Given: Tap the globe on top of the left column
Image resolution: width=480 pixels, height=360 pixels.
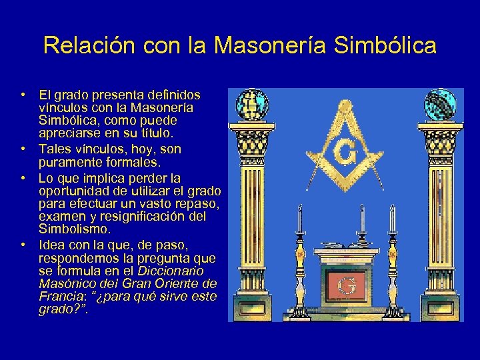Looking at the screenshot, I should (x=253, y=104).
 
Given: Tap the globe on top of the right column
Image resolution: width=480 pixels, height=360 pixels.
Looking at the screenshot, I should (x=439, y=104).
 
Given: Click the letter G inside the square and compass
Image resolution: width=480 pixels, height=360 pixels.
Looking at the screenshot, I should (x=345, y=153).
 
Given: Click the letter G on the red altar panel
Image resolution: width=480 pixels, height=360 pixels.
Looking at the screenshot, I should (x=346, y=285).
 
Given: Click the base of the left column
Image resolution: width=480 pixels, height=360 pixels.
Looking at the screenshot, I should (x=253, y=310).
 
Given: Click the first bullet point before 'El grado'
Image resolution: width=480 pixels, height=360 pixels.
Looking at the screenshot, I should (x=23, y=95).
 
